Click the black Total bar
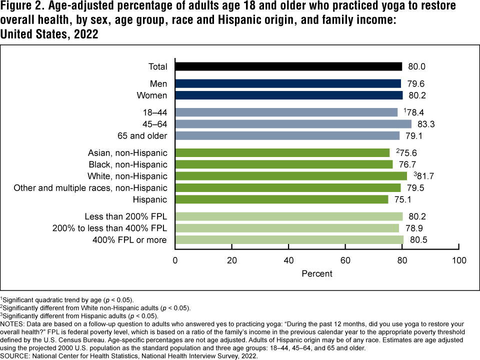click(288, 66)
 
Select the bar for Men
click(288, 83)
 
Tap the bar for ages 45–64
click(293, 124)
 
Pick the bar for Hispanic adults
click(281, 199)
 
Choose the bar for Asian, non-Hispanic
click(282, 152)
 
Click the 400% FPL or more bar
click(289, 240)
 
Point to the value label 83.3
click(426, 124)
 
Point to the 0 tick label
click(175, 260)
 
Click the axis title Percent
click(317, 274)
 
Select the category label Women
click(153, 95)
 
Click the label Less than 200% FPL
click(126, 216)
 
